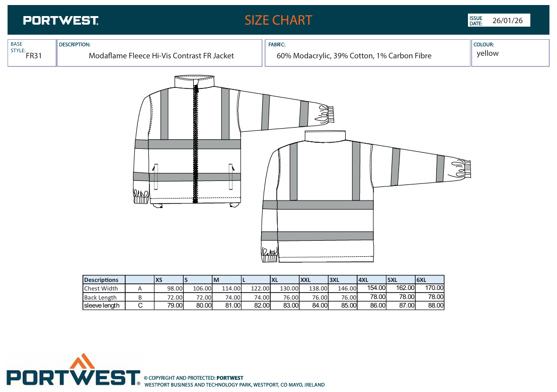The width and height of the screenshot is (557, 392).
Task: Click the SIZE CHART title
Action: click(278, 20)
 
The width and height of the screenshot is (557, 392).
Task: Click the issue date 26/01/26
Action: click(507, 21)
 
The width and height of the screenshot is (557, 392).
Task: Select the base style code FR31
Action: click(34, 56)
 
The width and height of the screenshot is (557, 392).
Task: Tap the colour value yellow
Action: click(488, 53)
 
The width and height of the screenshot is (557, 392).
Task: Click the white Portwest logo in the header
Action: click(61, 21)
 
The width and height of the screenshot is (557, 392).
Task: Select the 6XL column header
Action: click(421, 280)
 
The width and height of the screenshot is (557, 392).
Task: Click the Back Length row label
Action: click(100, 298)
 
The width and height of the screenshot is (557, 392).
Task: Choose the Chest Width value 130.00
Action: click(289, 288)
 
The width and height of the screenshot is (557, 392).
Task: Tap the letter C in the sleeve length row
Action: click(140, 306)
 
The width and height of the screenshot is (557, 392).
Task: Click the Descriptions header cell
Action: click(101, 280)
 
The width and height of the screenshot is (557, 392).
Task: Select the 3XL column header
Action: click(334, 280)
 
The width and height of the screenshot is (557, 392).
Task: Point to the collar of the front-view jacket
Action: click(195, 81)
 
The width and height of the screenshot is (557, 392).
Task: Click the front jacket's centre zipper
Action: click(195, 142)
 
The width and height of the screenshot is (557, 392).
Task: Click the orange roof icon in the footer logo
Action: click(82, 361)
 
